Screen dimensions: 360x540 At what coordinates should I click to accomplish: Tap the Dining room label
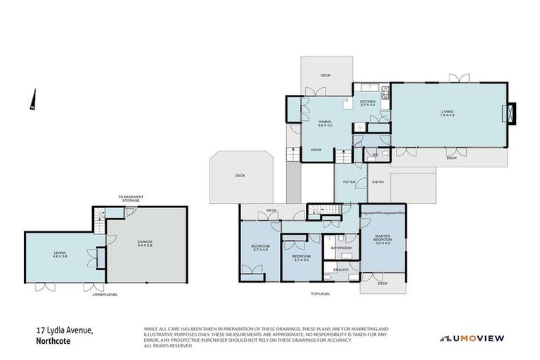(324, 124)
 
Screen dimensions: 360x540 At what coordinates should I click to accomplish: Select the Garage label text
(145, 243)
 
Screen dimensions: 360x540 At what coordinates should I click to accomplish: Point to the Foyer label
(349, 182)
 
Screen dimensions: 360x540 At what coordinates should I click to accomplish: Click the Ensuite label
(342, 269)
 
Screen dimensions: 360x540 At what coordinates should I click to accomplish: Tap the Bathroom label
(342, 247)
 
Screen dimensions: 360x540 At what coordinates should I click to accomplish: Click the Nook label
(317, 150)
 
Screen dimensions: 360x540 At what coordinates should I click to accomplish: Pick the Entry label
(378, 182)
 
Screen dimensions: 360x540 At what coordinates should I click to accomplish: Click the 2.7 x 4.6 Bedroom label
(260, 247)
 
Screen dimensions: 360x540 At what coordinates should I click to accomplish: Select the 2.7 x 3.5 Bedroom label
(302, 257)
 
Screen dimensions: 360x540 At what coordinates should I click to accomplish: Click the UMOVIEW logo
(472, 339)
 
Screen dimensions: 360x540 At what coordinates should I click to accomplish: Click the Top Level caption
(320, 294)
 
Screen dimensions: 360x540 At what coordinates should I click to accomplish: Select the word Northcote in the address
(54, 341)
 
